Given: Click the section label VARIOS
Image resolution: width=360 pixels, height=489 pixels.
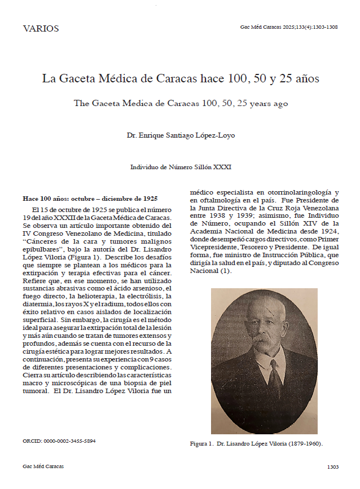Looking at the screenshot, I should (41, 29).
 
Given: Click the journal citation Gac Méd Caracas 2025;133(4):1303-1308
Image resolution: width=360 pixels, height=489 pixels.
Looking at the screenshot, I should (289, 27).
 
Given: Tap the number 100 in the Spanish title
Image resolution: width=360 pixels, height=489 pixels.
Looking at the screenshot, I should (235, 78).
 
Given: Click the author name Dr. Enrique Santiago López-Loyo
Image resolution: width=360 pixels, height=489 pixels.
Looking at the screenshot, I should (180, 135).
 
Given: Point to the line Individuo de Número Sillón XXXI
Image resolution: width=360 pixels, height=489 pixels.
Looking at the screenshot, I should (181, 167).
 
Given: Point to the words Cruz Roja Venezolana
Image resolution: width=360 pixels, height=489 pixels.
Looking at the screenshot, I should (304, 208).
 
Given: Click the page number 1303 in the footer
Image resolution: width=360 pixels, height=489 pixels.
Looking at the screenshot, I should (332, 467).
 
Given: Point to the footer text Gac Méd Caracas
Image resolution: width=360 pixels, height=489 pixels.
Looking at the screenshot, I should (43, 467).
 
